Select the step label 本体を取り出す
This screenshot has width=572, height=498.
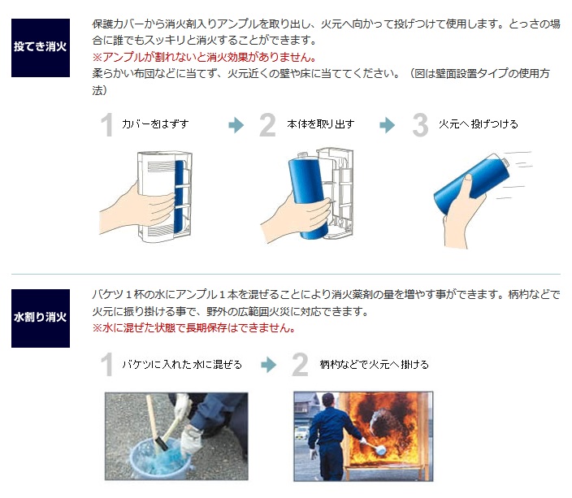point(321,124)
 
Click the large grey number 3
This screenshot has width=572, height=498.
point(419,125)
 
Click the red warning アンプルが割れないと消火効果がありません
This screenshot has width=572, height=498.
point(204,58)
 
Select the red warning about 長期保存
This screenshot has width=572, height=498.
point(193,328)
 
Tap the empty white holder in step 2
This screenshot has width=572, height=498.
point(339,187)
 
